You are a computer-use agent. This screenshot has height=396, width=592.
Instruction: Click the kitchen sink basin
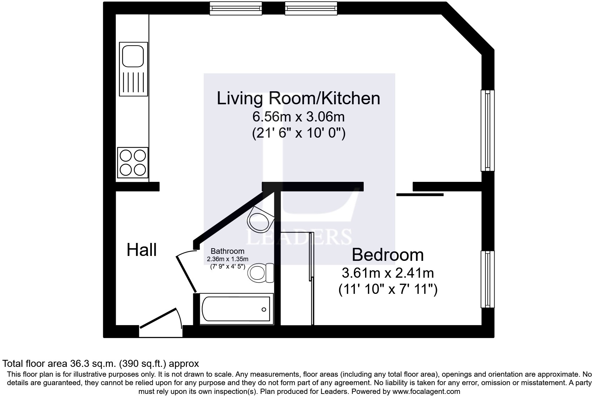click(133, 55)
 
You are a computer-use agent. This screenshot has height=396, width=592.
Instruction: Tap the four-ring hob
click(133, 163)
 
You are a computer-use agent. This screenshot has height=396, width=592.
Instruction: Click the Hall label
click(142, 250)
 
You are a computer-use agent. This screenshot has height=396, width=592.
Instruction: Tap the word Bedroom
click(388, 255)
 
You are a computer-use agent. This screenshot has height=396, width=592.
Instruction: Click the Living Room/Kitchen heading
click(298, 98)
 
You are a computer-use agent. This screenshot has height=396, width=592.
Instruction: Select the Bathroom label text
click(227, 251)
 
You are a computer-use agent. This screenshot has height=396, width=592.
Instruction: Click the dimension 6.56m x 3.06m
click(298, 117)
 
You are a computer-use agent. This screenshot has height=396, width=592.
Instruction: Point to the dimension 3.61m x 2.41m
click(388, 273)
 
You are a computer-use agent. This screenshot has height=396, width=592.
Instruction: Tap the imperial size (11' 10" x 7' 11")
click(388, 290)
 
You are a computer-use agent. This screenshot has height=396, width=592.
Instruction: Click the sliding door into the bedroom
click(420, 194)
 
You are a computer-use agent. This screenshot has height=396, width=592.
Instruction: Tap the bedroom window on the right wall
click(487, 279)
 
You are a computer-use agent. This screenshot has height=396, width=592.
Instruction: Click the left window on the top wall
click(236, 8)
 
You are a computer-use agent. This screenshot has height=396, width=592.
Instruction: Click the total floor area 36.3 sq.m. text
click(101, 363)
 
